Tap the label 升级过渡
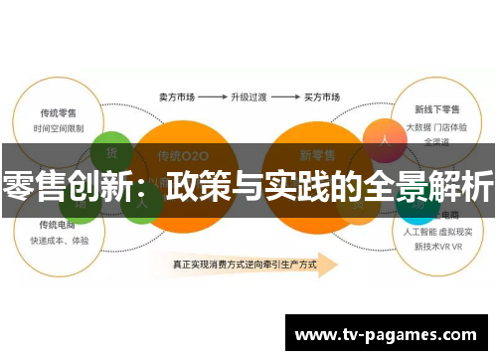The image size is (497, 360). coord(248,98)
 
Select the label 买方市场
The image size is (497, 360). coord(320,98)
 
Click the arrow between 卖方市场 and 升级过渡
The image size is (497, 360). coord(211,98)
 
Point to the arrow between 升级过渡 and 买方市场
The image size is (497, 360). coord(284,98)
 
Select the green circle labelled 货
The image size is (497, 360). coord(110,151)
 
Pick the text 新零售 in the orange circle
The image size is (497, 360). coord(316,156)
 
